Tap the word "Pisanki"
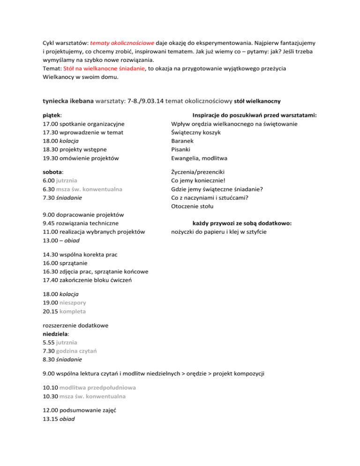183,150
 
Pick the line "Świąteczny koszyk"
196,132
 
